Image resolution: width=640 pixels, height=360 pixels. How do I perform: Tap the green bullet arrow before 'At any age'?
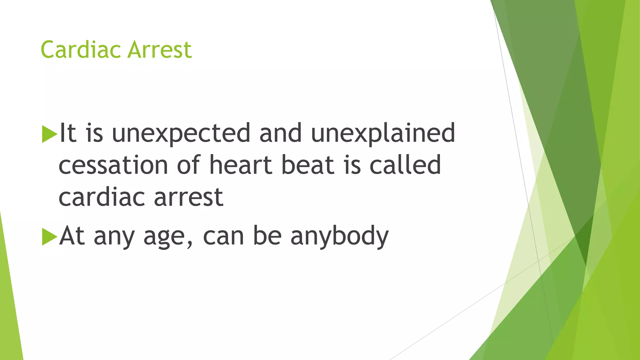(49, 237)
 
